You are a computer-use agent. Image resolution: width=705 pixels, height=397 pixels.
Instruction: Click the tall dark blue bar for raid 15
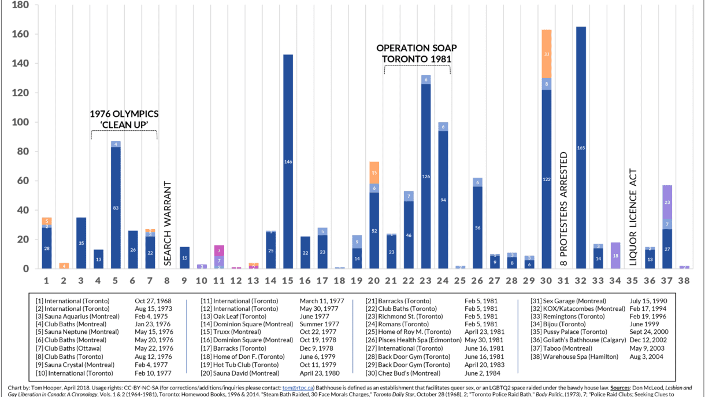288,161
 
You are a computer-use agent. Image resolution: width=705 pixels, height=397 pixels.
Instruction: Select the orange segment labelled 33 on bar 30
546,54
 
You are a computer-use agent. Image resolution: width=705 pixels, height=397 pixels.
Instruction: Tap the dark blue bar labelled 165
581,148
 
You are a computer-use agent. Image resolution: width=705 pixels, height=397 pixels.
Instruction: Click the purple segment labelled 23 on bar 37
667,203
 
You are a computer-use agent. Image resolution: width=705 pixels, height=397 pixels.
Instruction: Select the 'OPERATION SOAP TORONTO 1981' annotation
413,53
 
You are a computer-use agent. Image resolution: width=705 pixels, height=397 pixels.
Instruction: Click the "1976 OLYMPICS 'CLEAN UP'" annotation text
124,119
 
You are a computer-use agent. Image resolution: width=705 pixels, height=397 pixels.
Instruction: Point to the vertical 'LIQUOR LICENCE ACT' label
633,218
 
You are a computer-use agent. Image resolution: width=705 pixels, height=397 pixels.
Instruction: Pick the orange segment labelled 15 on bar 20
374,172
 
